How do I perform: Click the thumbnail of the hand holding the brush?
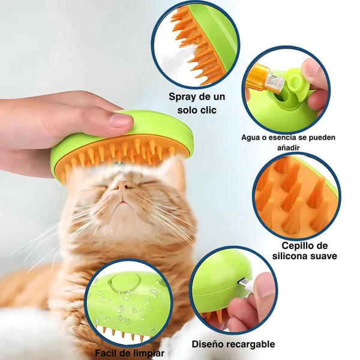coord(120,121)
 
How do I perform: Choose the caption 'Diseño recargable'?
coord(233,344)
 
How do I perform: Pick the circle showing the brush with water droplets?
coord(128,302)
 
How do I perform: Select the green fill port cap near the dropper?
coord(294,81)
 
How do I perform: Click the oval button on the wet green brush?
coord(126,283)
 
